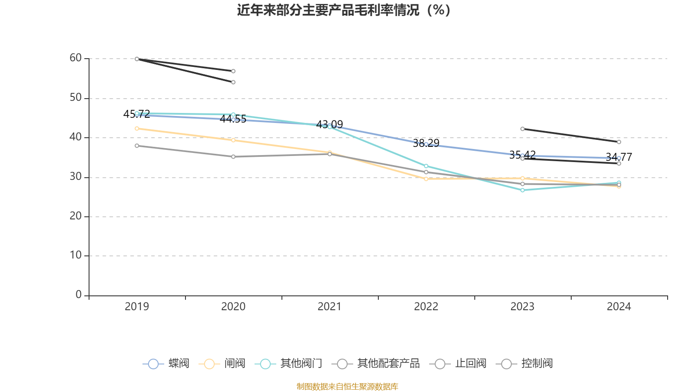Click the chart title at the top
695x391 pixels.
click(344, 10)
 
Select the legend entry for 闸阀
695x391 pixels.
click(222, 364)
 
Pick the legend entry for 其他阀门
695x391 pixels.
click(289, 364)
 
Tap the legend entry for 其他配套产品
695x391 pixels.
click(376, 364)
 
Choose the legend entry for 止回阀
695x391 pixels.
click(458, 364)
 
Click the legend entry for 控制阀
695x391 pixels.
click(524, 364)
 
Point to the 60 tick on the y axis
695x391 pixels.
click(76, 58)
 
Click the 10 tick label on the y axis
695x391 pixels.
click(76, 255)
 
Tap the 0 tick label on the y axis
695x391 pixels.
click(79, 295)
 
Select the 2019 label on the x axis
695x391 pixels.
click(137, 307)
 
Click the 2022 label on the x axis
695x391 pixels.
click(426, 307)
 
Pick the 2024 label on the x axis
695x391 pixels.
click(619, 307)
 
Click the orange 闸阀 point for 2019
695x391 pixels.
click(137, 129)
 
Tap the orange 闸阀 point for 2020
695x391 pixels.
click(233, 140)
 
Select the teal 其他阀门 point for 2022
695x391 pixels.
click(426, 166)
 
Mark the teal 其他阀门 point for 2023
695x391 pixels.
click(523, 190)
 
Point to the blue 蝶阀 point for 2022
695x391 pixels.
click(426, 144)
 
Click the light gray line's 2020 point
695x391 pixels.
click(233, 157)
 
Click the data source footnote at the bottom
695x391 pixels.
click(347, 386)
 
